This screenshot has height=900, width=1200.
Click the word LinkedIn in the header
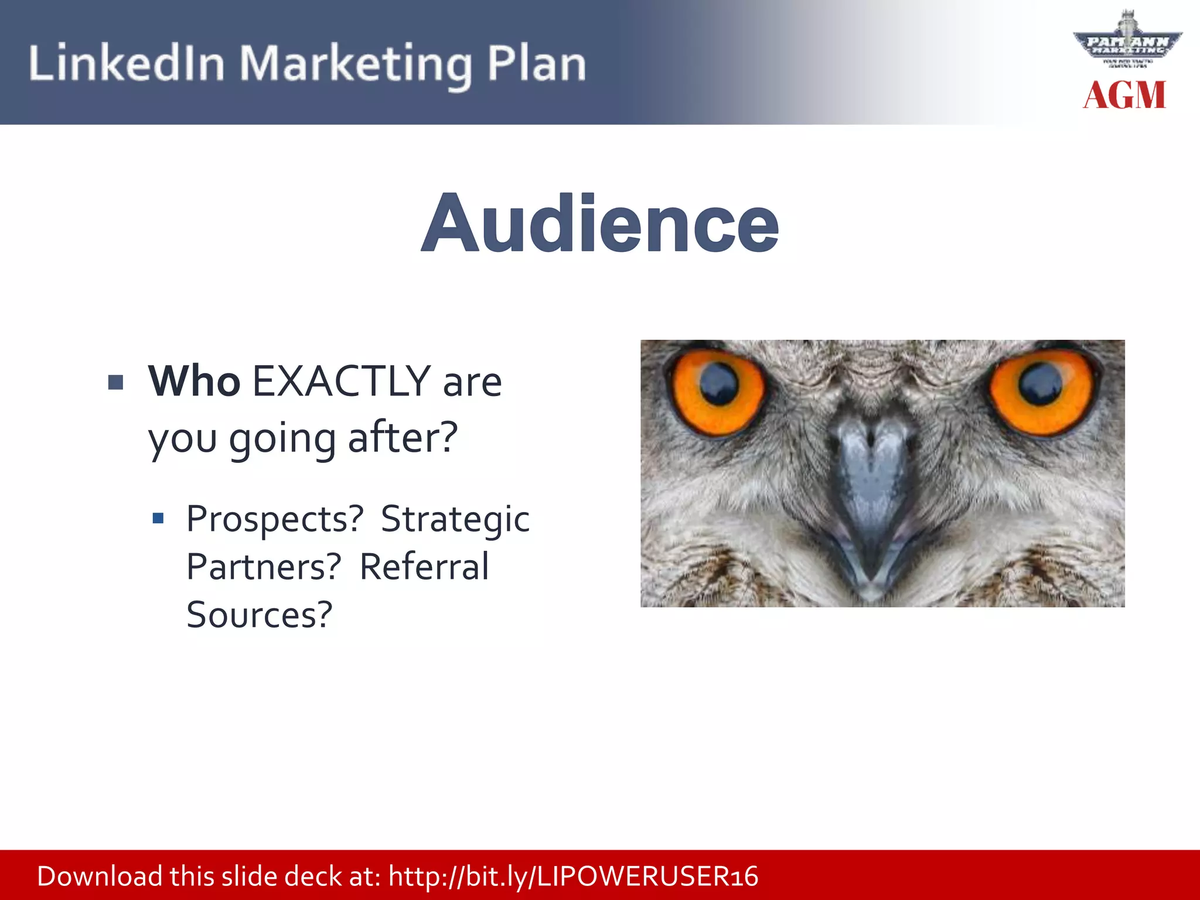(126, 63)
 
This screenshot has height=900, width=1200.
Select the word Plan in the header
(536, 63)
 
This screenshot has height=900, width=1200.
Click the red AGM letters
(1124, 96)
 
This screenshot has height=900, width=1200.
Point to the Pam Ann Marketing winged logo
(1127, 42)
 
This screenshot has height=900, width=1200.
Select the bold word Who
(194, 381)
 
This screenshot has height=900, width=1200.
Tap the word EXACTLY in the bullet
(342, 381)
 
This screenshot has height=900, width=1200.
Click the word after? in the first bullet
(403, 438)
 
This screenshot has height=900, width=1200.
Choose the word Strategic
(455, 519)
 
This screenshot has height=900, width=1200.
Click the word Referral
(424, 567)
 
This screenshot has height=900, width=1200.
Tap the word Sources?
(260, 615)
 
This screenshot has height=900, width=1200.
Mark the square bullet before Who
(116, 383)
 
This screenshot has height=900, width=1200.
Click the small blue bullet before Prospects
(158, 518)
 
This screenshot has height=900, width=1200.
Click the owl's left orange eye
(717, 391)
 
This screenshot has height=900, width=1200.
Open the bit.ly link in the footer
(573, 877)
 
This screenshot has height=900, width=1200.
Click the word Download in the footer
(100, 877)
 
